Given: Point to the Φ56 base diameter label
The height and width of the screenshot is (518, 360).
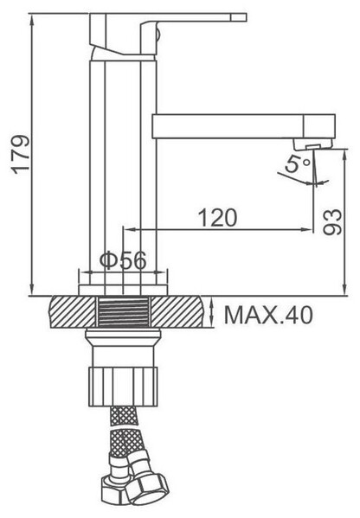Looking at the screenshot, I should tap(119, 259).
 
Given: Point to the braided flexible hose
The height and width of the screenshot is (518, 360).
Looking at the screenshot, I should tap(120, 441).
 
